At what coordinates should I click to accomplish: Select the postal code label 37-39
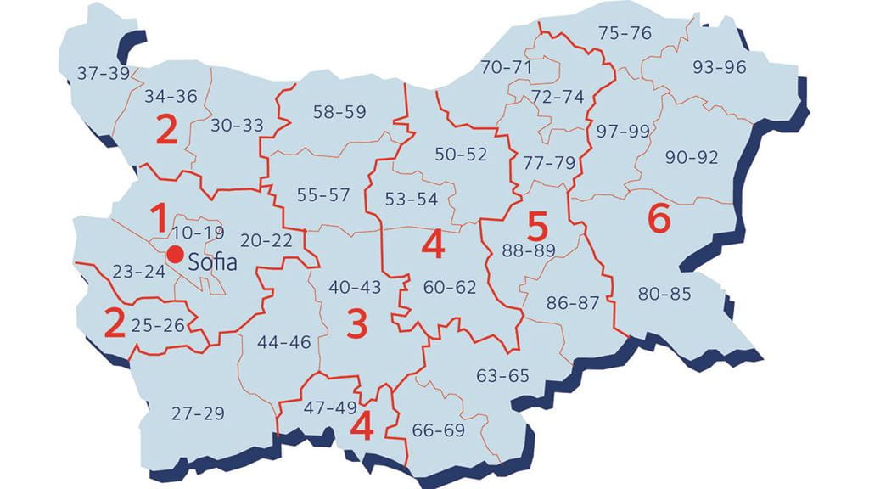pyautogui.click(x=103, y=73)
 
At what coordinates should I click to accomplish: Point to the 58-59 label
pyautogui.click(x=339, y=111)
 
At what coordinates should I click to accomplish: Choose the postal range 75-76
pyautogui.click(x=625, y=33)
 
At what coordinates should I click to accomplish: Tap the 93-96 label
pyautogui.click(x=719, y=67)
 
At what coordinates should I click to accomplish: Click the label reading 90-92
pyautogui.click(x=692, y=157)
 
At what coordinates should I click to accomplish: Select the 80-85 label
pyautogui.click(x=664, y=295)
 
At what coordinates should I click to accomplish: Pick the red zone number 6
pyautogui.click(x=659, y=219)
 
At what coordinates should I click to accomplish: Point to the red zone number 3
pyautogui.click(x=357, y=324)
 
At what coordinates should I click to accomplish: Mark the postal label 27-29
pyautogui.click(x=198, y=413)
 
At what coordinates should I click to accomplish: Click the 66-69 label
pyautogui.click(x=438, y=430)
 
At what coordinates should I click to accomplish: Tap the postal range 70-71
pyautogui.click(x=507, y=66)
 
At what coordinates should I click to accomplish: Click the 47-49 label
pyautogui.click(x=330, y=407)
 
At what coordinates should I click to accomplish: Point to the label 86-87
pyautogui.click(x=573, y=303)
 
